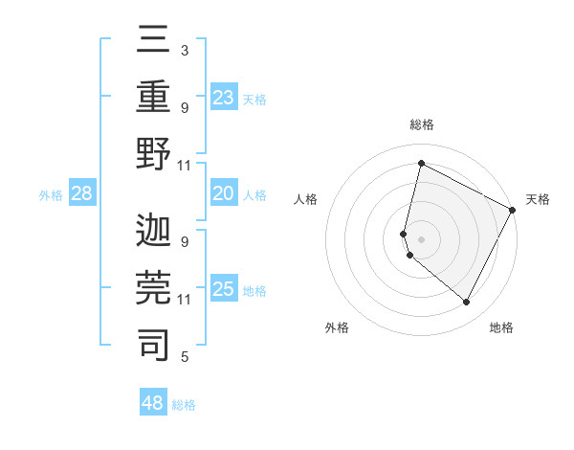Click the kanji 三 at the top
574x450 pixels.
tap(153, 39)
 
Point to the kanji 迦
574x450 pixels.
tap(153, 231)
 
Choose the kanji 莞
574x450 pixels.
tap(153, 287)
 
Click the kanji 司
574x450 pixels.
tap(153, 345)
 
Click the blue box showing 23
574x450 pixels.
tap(224, 98)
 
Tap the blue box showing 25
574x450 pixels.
tap(224, 290)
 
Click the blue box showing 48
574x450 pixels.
tap(153, 403)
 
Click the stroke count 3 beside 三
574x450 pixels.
tap(184, 50)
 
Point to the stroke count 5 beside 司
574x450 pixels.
tap(184, 357)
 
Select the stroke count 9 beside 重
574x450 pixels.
tap(184, 107)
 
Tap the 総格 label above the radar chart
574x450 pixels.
tap(421, 125)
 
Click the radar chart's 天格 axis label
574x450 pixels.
tap(538, 200)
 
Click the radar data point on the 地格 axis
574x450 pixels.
tap(467, 303)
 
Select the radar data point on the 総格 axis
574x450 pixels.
tap(421, 164)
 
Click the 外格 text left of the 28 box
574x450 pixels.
tap(51, 195)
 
